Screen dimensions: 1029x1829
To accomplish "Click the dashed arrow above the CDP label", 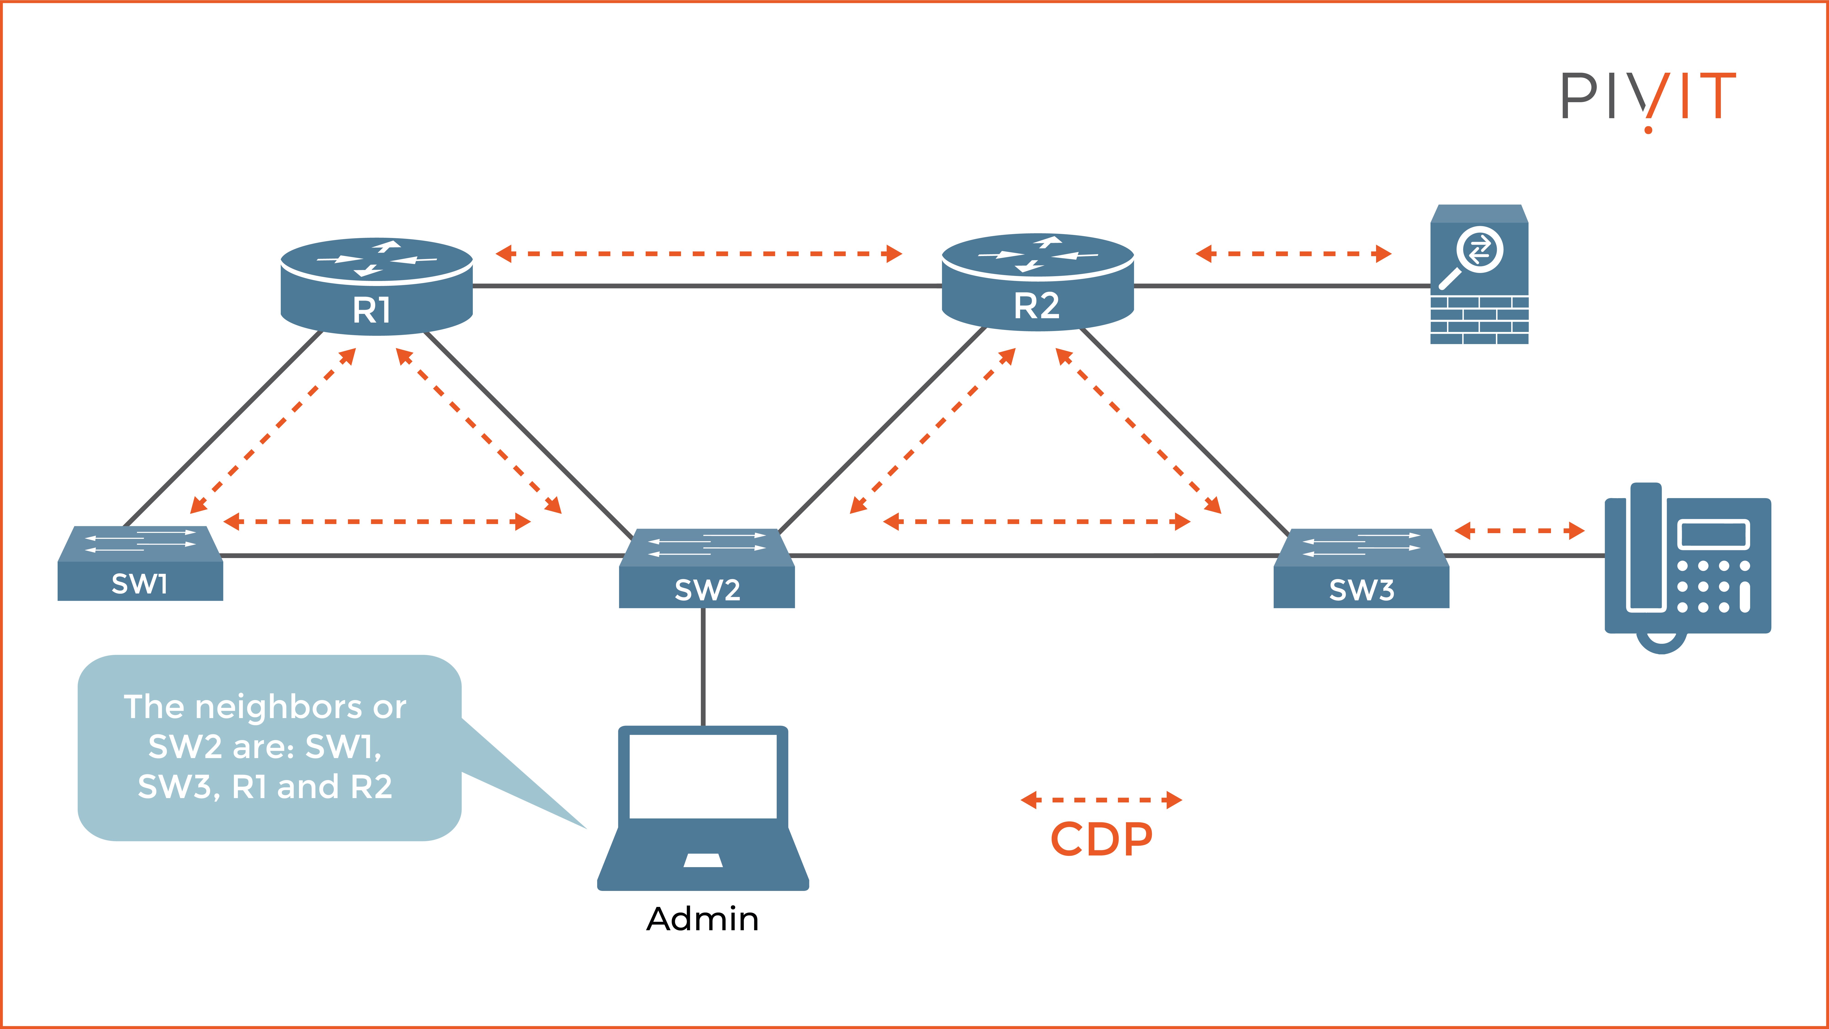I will click(x=1101, y=800).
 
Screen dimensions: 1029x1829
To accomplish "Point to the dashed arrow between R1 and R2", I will click(x=699, y=254).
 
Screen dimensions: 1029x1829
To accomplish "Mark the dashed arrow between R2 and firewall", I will click(x=1293, y=254).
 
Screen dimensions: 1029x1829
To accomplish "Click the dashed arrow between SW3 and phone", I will click(x=1519, y=530).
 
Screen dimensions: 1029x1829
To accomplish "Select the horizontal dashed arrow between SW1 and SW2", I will click(x=377, y=522).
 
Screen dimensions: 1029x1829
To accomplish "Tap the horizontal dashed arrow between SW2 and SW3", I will click(x=1037, y=522).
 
